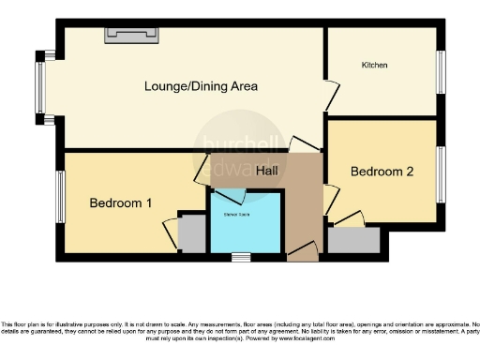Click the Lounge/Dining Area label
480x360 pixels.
click(201, 86)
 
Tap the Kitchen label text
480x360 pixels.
click(375, 65)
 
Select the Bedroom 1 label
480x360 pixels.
click(120, 202)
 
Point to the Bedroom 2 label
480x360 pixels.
click(381, 172)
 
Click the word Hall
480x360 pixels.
click(267, 171)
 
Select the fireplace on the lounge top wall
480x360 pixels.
click(133, 35)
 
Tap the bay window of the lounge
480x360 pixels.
click(40, 87)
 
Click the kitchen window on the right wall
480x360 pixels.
click(441, 72)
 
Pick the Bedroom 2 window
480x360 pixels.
click(441, 172)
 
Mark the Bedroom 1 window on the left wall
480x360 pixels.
click(58, 196)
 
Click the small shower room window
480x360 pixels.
click(242, 256)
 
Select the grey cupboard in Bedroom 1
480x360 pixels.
click(192, 233)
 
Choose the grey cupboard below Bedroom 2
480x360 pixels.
click(353, 240)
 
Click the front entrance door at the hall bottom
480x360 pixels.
click(302, 252)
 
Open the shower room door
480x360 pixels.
click(230, 195)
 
